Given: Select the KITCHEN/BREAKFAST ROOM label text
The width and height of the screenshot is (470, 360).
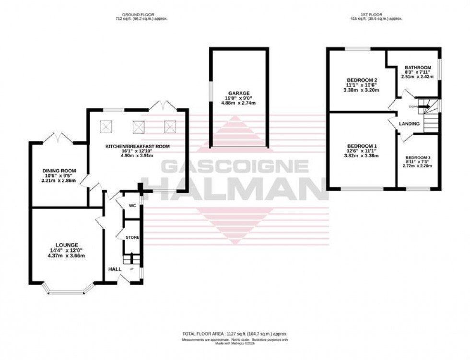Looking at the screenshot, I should click(137, 146).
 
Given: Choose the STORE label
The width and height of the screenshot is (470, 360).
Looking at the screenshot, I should click(132, 237).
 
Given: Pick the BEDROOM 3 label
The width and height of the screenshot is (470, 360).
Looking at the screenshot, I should click(418, 157).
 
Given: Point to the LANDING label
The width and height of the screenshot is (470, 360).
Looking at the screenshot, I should click(409, 124).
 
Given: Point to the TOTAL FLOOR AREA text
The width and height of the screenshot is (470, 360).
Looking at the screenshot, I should click(235, 334).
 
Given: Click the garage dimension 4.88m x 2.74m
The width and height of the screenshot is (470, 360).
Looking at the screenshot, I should click(238, 103).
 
